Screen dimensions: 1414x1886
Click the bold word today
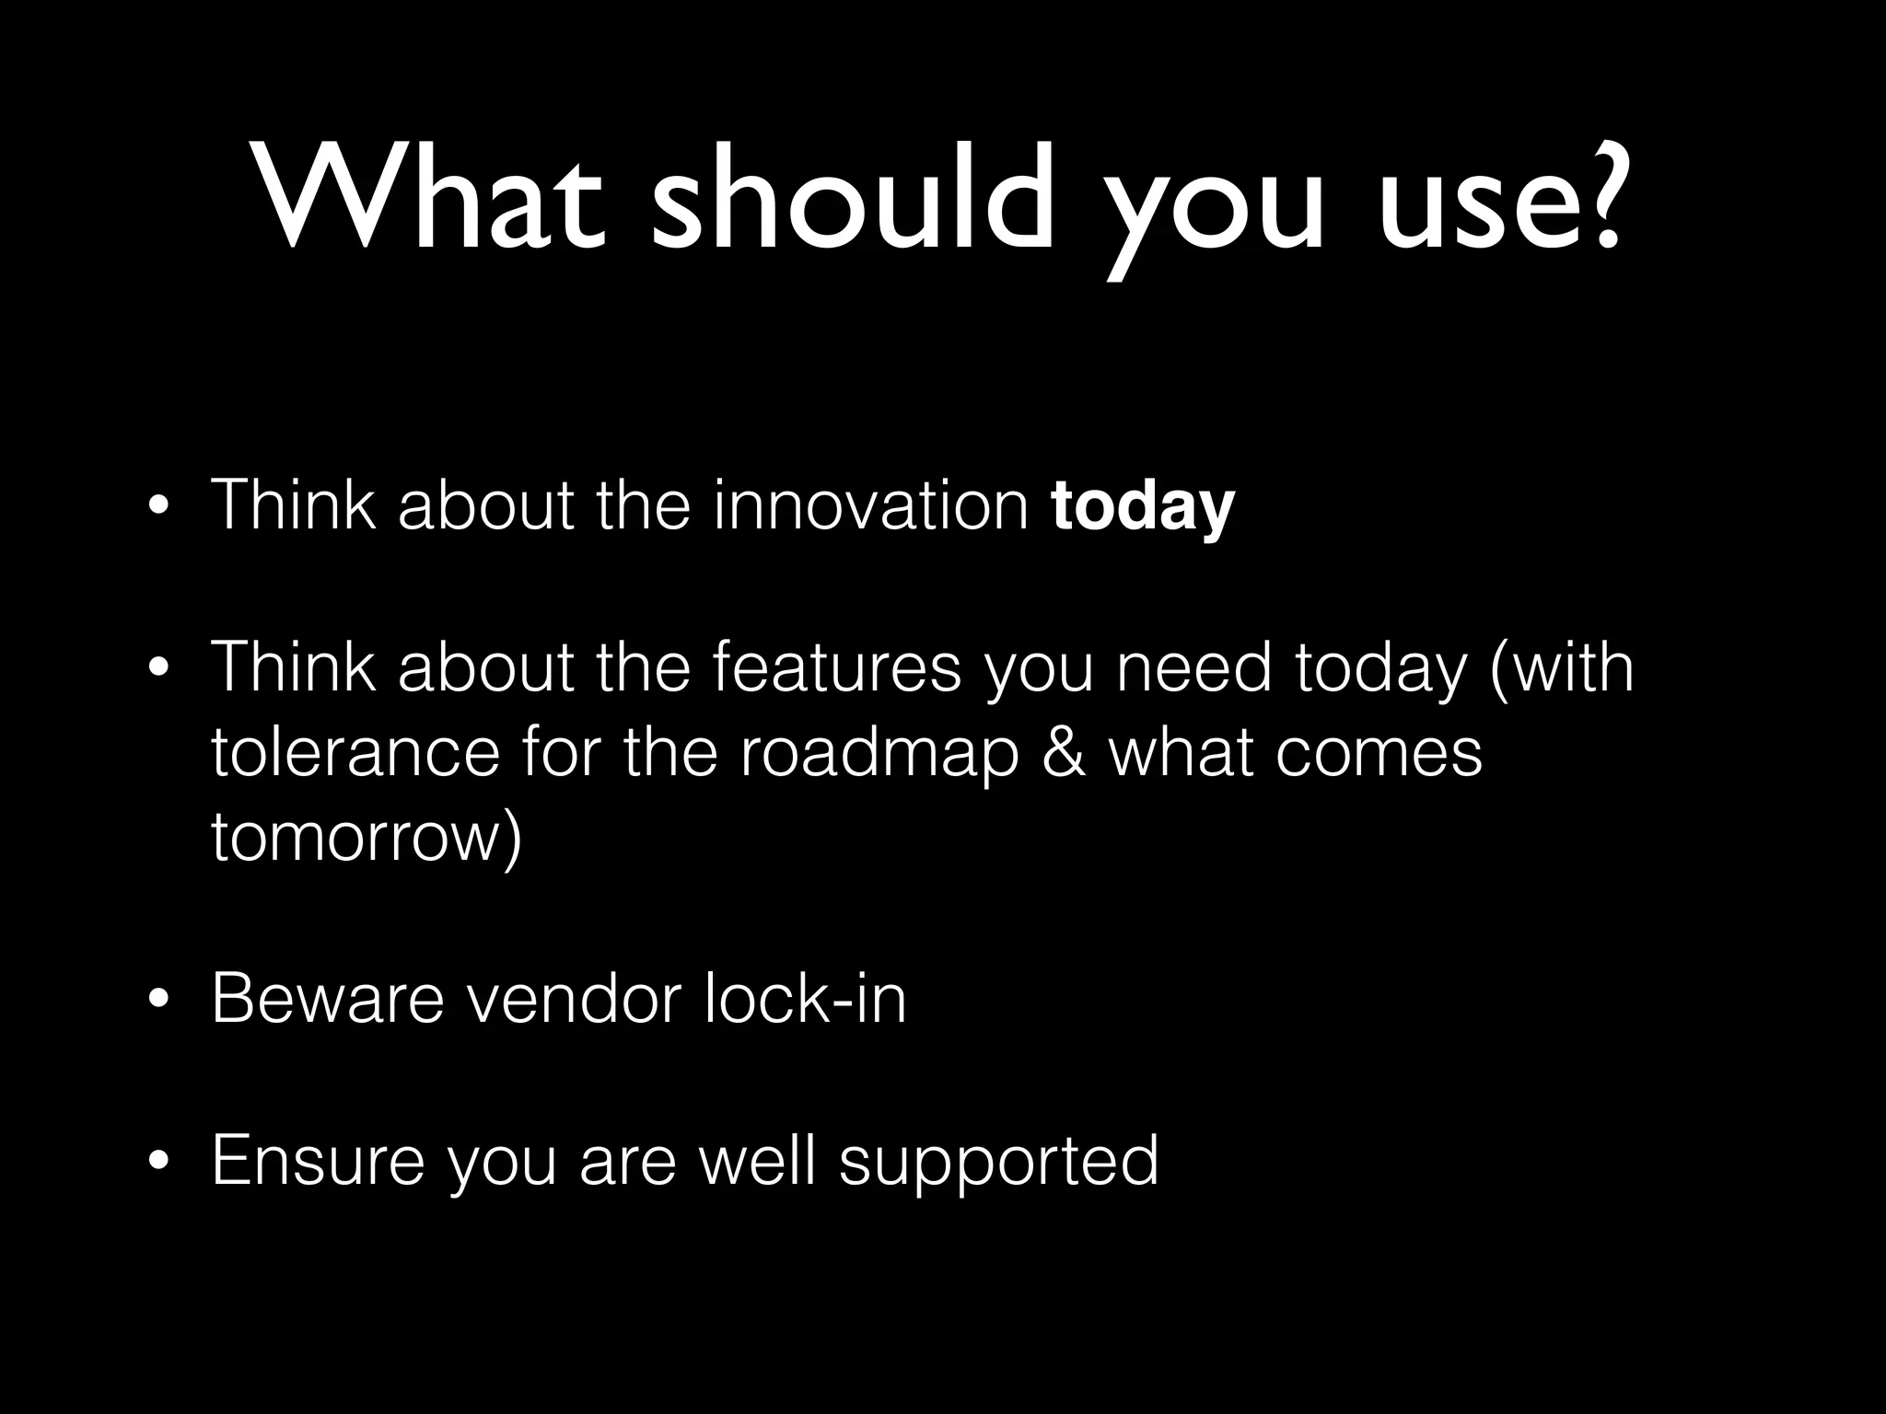click(x=1142, y=506)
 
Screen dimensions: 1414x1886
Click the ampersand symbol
click(x=1065, y=752)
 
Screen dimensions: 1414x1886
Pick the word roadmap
click(x=879, y=754)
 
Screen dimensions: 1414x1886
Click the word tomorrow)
click(x=367, y=838)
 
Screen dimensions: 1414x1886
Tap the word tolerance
click(x=355, y=752)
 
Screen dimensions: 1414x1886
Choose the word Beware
click(x=328, y=999)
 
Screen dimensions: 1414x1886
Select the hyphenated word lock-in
click(x=805, y=999)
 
